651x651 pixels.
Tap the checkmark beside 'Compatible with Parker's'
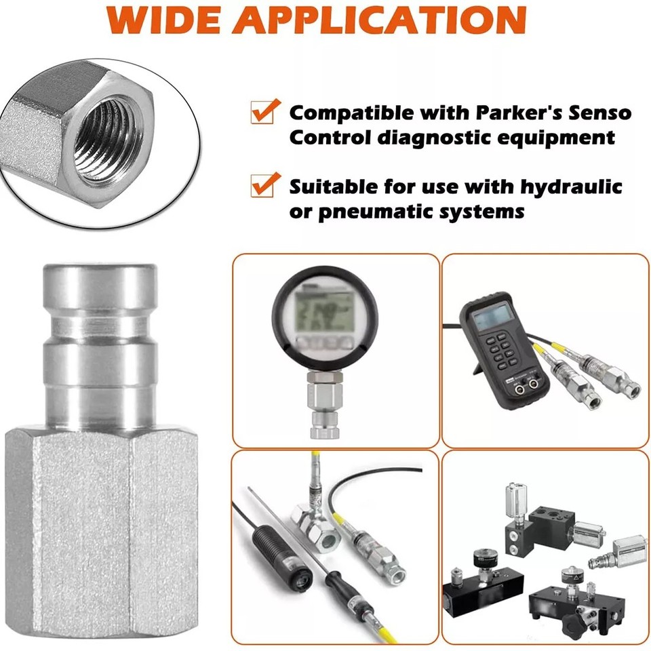click(x=265, y=111)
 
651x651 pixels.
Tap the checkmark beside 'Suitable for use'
click(x=265, y=184)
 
